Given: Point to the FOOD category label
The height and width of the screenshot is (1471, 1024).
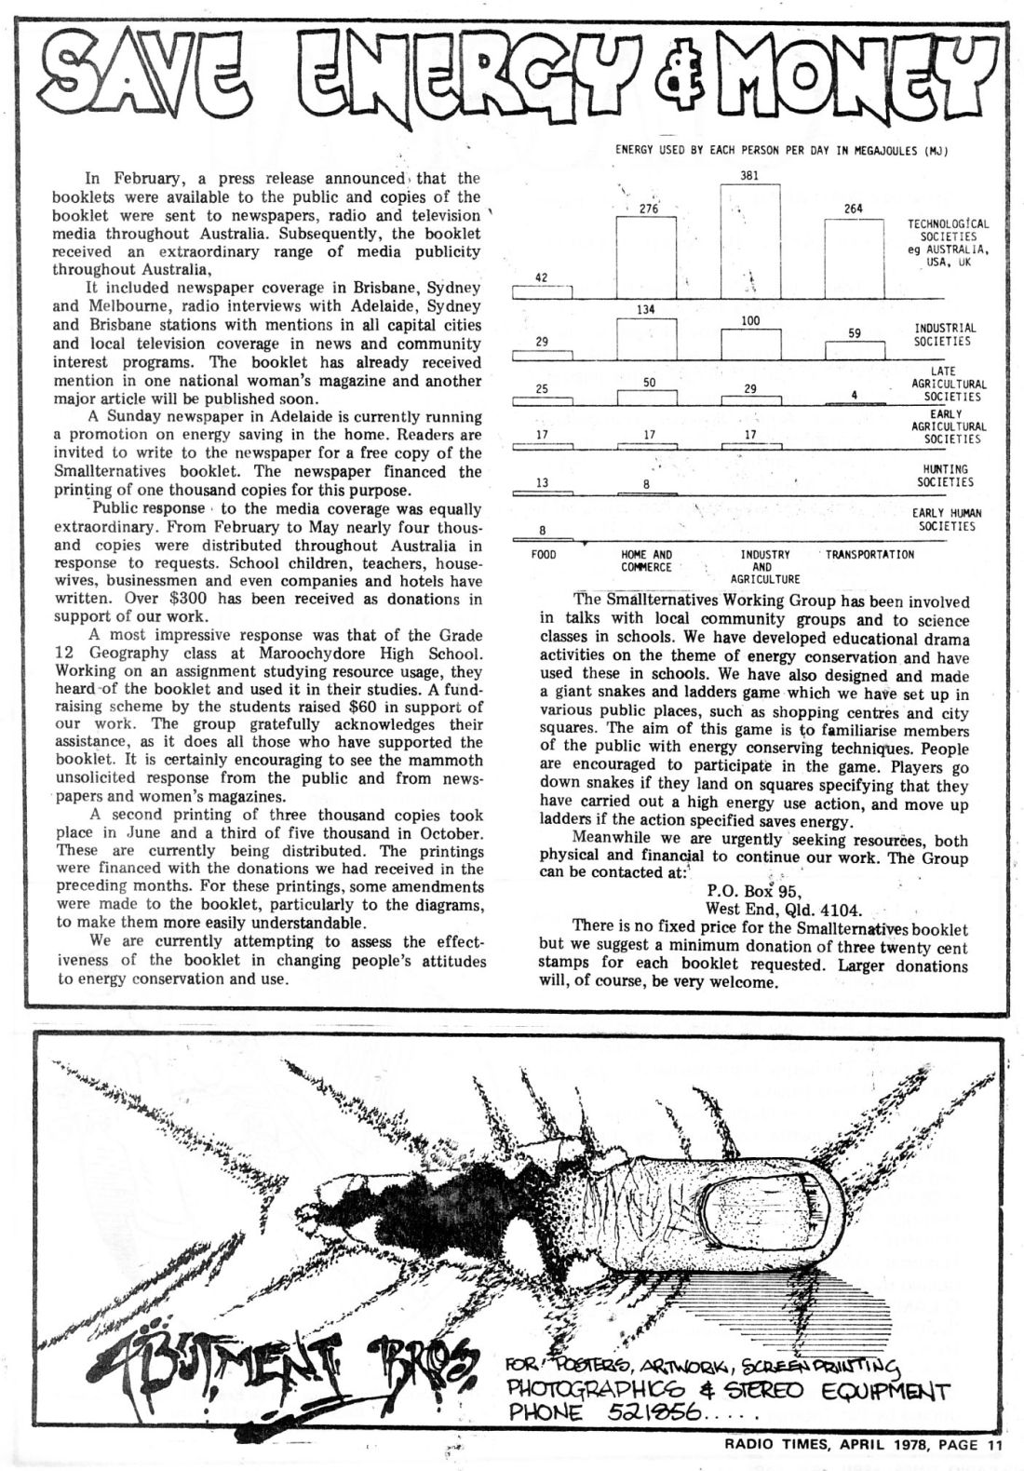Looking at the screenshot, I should [x=543, y=555].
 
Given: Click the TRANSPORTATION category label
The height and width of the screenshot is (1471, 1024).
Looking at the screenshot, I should [x=869, y=555].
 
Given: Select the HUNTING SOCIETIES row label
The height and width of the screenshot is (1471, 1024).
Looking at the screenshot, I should [x=945, y=476].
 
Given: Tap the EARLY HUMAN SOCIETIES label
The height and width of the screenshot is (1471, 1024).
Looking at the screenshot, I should [x=945, y=520].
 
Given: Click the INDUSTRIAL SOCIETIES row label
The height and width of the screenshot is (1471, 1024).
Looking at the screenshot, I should [x=945, y=335].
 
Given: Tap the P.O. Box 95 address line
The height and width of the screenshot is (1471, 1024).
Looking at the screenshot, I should [x=753, y=890].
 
